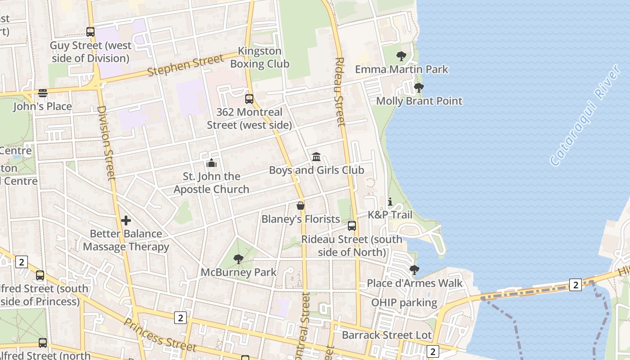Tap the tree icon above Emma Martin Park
point(401,56)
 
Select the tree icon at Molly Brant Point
point(419,88)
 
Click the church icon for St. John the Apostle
point(211,163)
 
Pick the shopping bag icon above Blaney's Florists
point(301,206)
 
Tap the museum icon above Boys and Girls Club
point(316,157)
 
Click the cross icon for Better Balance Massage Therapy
point(126,220)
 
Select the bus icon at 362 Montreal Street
point(249,99)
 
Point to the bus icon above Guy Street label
point(90,32)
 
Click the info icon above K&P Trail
point(390,202)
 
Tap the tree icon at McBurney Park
point(238,259)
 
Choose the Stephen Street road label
point(185,66)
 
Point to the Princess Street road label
point(160,335)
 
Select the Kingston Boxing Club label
point(260,57)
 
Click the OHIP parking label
point(404,302)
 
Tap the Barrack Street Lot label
point(387,335)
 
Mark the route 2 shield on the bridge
point(576,284)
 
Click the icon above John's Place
point(43,93)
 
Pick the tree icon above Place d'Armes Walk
point(414,270)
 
